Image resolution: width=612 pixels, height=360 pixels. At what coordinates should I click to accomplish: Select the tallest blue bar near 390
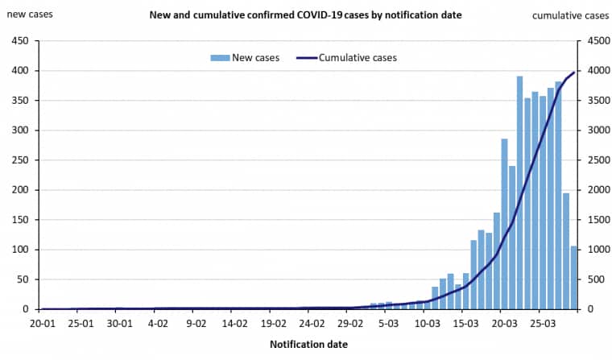click(x=519, y=193)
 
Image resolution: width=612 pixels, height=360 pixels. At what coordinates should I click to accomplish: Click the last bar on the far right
click(x=574, y=278)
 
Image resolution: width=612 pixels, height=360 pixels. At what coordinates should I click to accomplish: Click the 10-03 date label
click(x=427, y=324)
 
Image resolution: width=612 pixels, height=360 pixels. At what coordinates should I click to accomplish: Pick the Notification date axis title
click(x=309, y=345)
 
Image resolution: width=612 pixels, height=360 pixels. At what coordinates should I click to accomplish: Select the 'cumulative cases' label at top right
click(x=570, y=15)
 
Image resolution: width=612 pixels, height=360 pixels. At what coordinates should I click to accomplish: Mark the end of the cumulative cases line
click(x=574, y=72)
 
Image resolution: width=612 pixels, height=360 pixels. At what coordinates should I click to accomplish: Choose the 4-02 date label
click(x=158, y=324)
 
